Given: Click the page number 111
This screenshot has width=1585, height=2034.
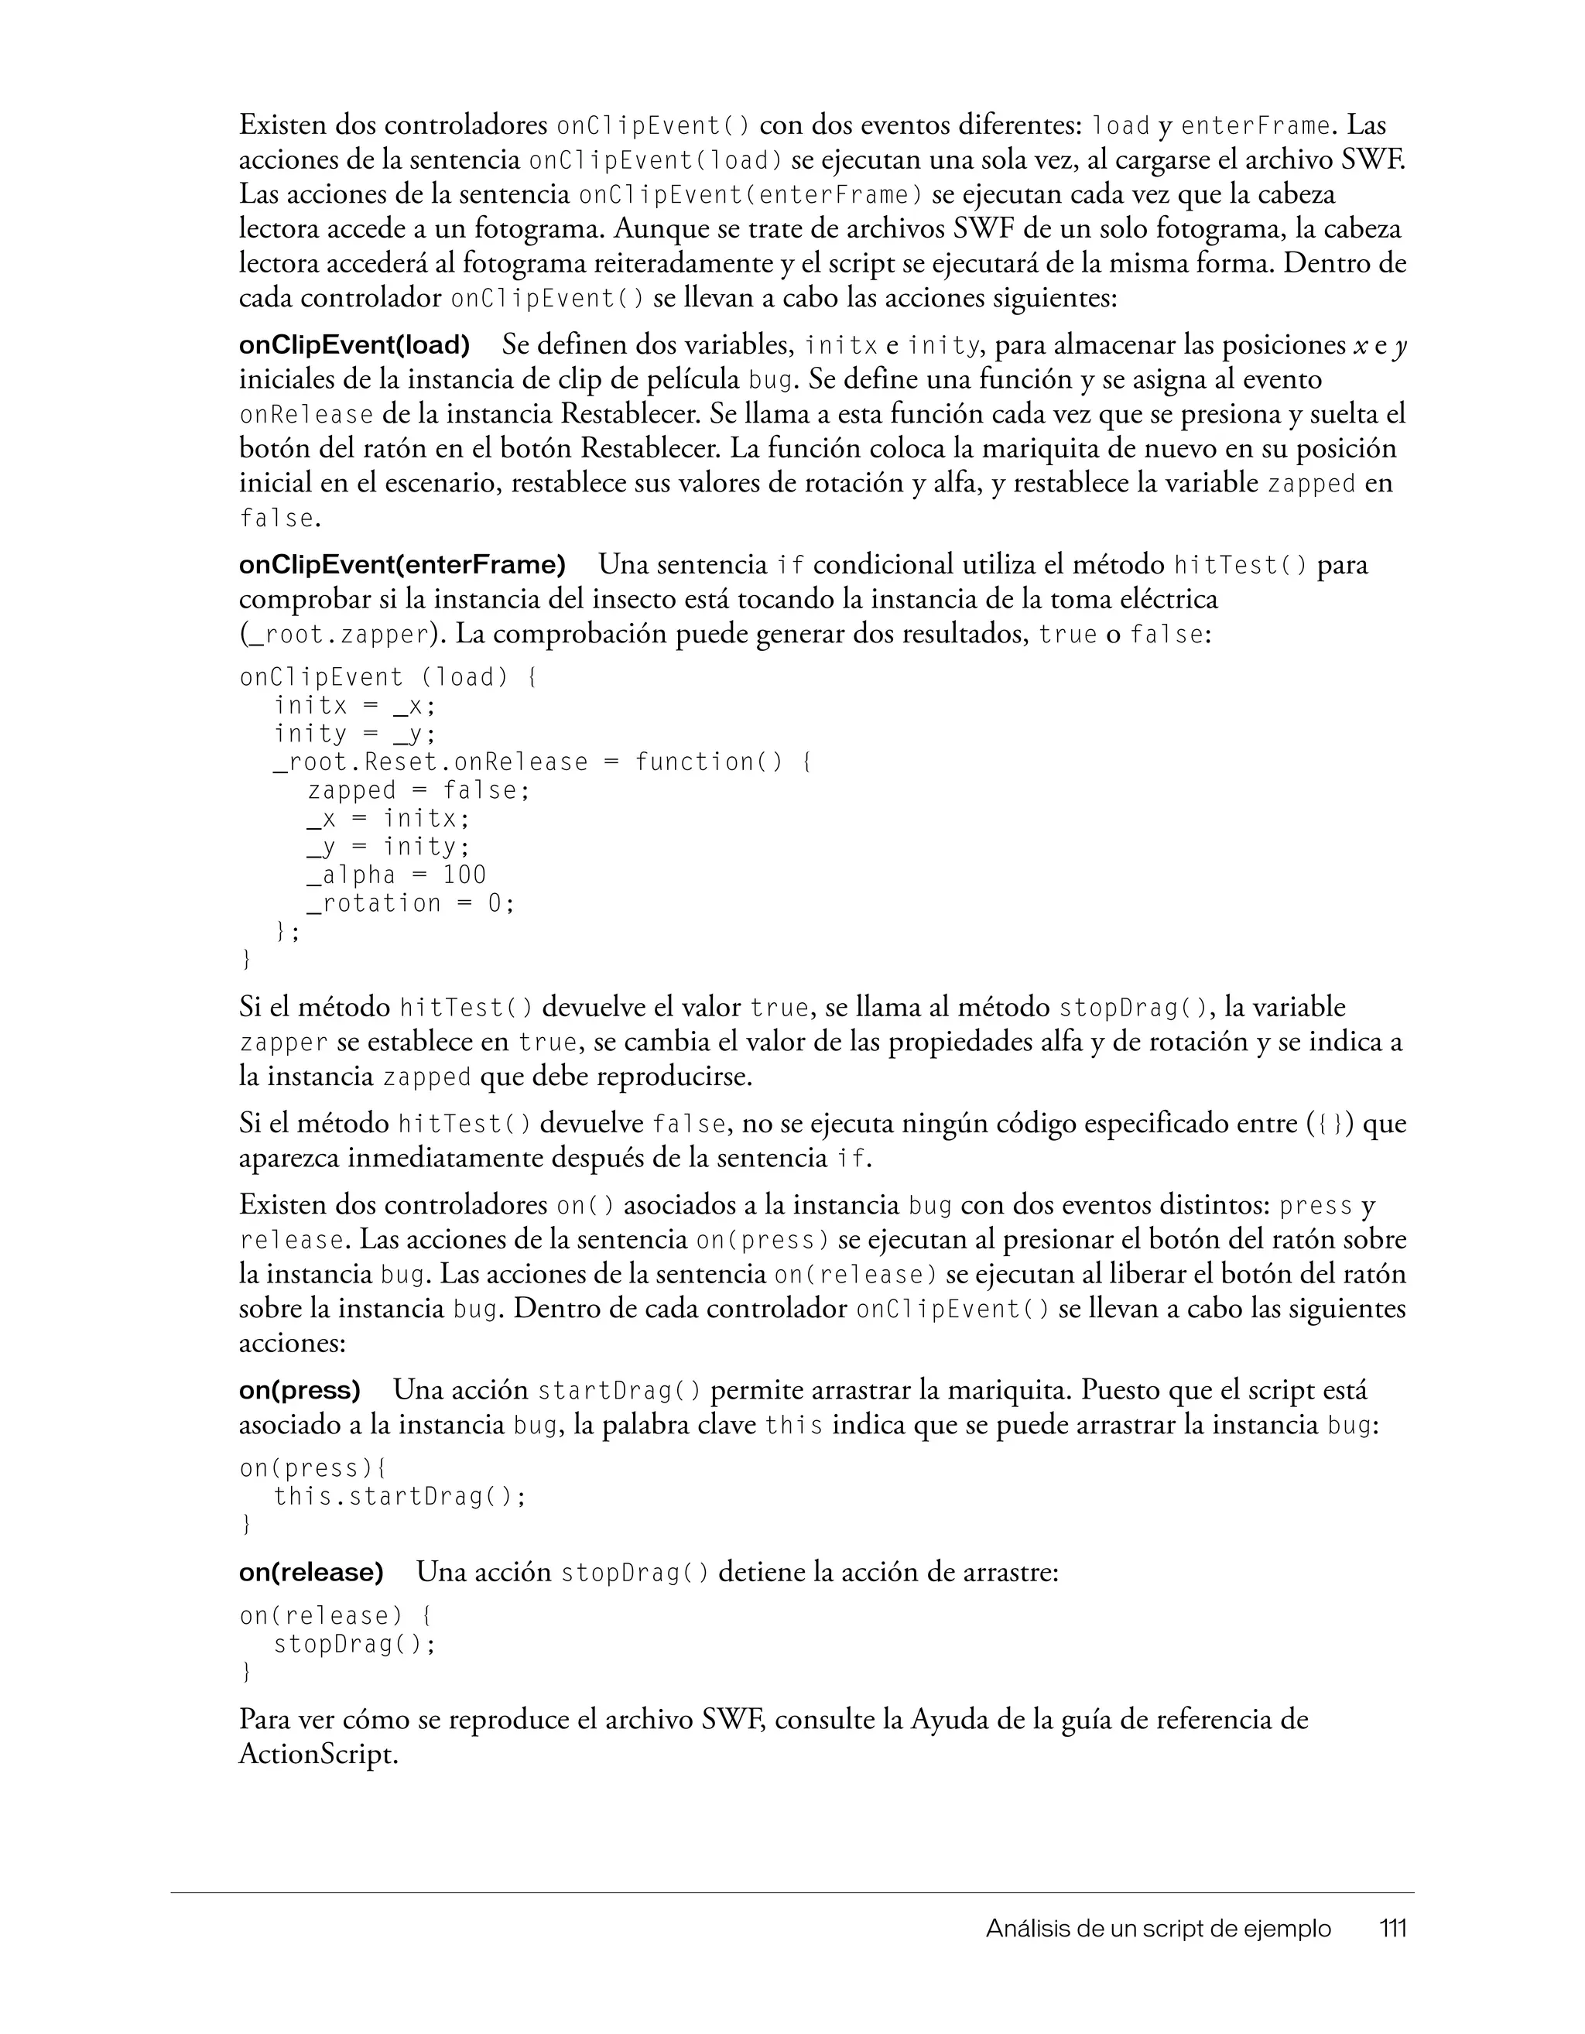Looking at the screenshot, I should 1392,1929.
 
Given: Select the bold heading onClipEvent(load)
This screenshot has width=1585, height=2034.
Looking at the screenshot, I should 354,345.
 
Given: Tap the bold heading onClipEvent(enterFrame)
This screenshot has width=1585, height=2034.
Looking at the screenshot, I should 402,565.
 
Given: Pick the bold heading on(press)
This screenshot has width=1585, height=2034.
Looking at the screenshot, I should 299,1391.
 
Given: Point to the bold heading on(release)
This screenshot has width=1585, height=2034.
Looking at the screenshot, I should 311,1573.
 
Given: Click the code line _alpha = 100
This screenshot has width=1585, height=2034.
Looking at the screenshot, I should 397,875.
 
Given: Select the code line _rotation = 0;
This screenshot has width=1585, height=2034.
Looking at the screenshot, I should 411,903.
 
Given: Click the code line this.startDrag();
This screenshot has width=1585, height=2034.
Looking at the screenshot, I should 400,1497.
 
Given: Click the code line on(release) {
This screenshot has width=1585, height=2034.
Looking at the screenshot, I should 335,1616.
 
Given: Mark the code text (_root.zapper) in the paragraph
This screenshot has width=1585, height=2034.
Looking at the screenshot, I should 339,636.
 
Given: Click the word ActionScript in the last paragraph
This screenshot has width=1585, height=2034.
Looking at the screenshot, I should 317,1755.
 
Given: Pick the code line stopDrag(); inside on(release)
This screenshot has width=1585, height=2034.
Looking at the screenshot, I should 354,1644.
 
